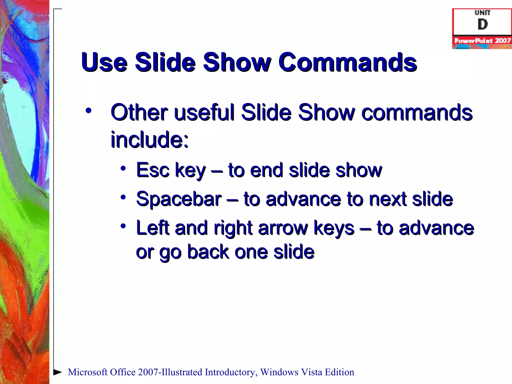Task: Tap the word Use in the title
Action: click(104, 62)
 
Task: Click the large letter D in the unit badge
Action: click(482, 24)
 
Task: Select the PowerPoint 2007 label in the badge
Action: click(482, 41)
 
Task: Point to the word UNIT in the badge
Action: click(482, 12)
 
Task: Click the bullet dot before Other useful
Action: click(88, 110)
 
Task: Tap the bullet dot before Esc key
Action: click(123, 168)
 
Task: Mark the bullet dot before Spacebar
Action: click(123, 197)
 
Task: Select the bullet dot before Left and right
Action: click(123, 226)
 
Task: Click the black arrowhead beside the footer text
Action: click(58, 372)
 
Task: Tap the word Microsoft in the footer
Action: click(87, 372)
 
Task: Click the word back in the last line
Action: click(208, 252)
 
